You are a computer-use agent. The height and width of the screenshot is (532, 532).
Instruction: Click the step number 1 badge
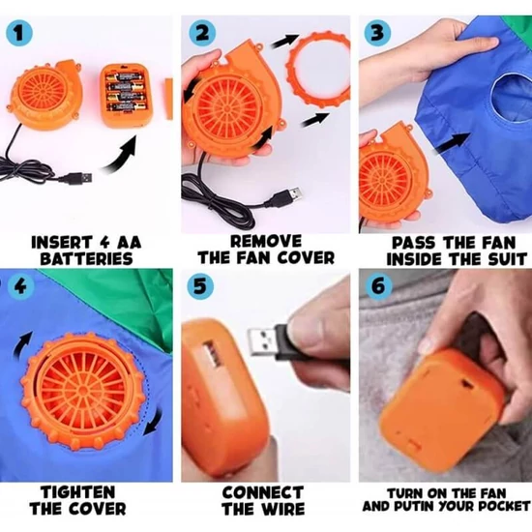click(19, 34)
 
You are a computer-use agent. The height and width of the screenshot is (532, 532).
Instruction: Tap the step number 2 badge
click(201, 33)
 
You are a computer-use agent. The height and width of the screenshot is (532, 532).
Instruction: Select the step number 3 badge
click(377, 33)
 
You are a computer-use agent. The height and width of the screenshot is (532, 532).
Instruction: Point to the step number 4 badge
click(20, 287)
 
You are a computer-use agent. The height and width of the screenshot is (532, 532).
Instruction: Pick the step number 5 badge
click(200, 285)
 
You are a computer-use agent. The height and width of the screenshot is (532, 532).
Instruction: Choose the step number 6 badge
click(378, 286)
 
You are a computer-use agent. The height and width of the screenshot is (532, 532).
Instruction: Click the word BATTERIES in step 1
click(86, 259)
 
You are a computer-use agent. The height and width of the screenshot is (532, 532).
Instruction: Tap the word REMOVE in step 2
click(266, 242)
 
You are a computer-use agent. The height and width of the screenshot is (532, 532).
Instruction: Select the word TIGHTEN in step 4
click(78, 492)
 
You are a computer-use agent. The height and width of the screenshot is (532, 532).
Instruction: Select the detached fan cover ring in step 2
click(318, 71)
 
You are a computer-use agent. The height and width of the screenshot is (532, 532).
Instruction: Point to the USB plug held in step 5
click(272, 342)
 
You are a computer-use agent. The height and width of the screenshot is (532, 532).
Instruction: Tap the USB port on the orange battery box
click(212, 354)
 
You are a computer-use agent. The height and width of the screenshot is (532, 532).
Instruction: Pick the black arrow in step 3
click(454, 143)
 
